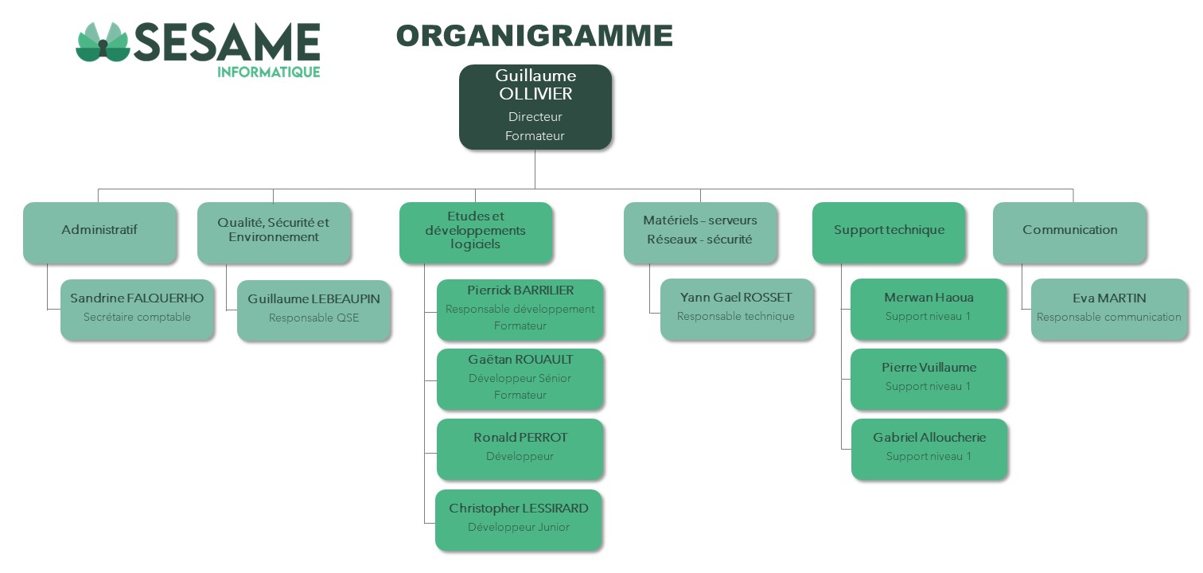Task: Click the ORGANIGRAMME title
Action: tap(535, 36)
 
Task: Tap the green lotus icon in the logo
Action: tap(103, 42)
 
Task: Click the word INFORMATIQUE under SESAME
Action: tap(269, 72)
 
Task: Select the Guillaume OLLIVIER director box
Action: tap(535, 107)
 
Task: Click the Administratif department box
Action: tap(100, 232)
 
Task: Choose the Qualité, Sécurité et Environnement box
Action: tap(274, 232)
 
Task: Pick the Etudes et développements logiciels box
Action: tap(476, 232)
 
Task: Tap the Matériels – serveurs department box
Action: tap(700, 232)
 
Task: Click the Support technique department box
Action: tap(889, 232)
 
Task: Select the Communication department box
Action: tap(1070, 232)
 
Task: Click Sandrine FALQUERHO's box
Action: tap(137, 310)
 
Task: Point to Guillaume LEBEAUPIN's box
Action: tap(313, 310)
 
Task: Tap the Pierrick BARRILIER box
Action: tap(520, 310)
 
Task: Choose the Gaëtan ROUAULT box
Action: tap(520, 379)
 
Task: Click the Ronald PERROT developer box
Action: tap(520, 449)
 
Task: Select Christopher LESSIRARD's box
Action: tap(518, 520)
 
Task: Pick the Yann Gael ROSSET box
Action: tap(737, 309)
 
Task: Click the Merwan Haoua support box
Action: tap(929, 309)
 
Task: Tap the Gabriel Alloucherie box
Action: tap(929, 449)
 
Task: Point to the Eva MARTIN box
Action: tap(1110, 310)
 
